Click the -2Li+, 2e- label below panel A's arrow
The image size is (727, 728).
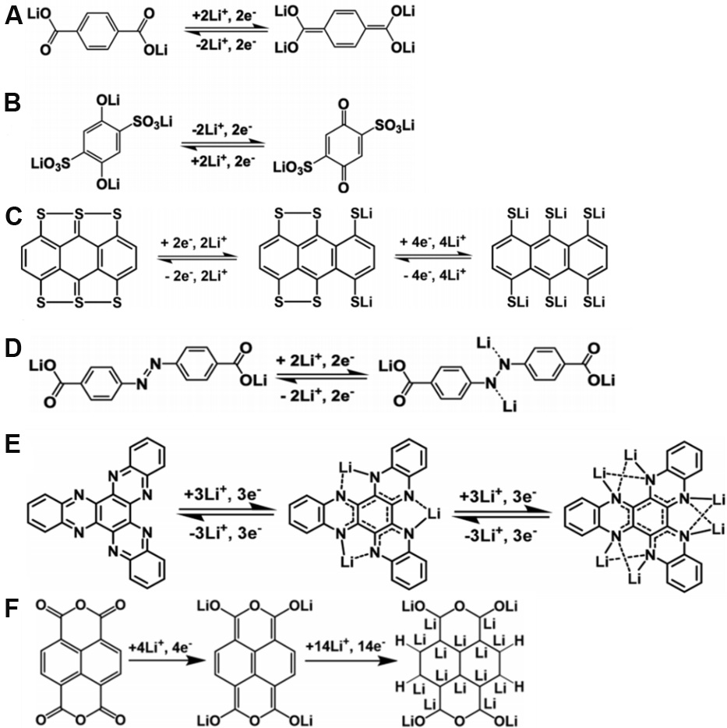click(224, 45)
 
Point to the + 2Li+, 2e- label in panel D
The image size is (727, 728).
click(322, 360)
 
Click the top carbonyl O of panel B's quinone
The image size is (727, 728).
click(343, 104)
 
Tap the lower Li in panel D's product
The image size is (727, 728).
click(510, 407)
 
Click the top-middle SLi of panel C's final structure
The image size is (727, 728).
click(556, 214)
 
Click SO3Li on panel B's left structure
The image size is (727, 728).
click(153, 122)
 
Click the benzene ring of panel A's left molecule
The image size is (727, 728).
click(95, 32)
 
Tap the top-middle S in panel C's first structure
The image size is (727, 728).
click(79, 214)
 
